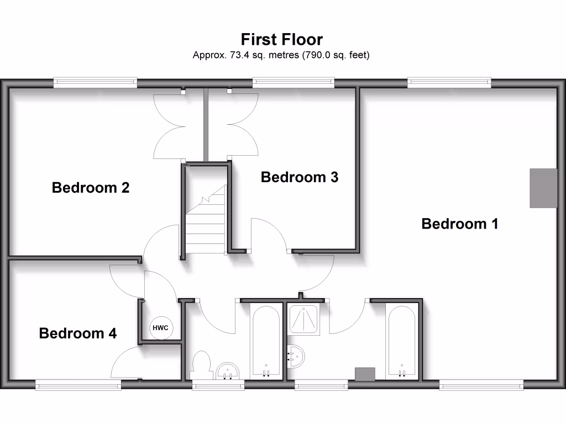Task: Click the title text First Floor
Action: coord(281,39)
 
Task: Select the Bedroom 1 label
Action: coord(459,224)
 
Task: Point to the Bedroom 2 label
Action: coord(91,188)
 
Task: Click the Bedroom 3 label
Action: coord(299,177)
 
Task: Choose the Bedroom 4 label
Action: coord(78,333)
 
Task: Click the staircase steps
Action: coord(206,226)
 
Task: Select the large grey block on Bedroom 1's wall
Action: coord(543,188)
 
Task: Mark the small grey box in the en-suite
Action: coord(365,374)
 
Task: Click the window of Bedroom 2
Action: coord(96,83)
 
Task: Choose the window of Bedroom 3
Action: coord(294,83)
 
